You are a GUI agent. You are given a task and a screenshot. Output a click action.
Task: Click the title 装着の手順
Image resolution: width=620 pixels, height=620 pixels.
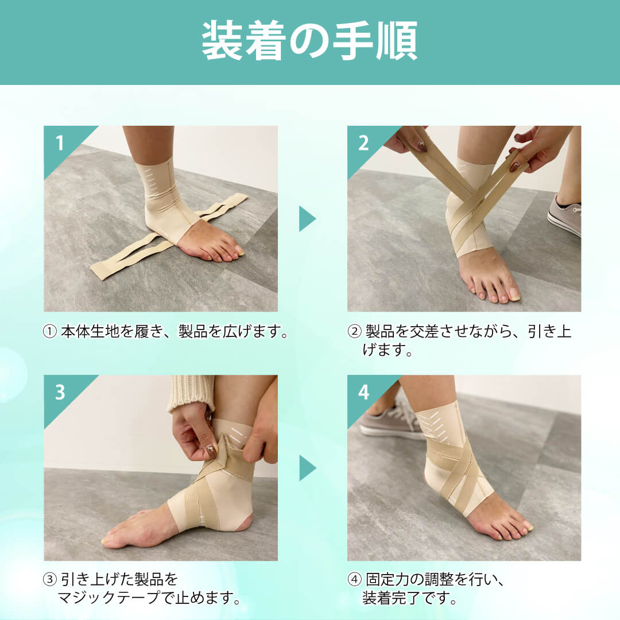point(309,41)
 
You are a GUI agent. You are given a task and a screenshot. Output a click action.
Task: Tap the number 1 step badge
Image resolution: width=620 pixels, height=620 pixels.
point(60,143)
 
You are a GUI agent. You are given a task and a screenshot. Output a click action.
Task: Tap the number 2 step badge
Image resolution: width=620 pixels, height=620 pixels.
point(363,143)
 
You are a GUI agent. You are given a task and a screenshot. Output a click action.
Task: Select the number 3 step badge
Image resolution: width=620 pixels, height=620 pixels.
point(60,392)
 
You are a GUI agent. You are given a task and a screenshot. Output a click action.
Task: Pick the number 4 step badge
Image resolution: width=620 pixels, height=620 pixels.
point(363,392)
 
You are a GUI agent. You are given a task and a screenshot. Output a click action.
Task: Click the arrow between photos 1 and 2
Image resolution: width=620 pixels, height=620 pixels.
point(307,219)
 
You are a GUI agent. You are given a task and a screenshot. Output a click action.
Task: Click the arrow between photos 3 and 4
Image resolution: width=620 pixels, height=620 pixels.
point(307,468)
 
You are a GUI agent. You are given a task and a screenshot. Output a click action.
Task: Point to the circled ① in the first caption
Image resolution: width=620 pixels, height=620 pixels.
point(50,332)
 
